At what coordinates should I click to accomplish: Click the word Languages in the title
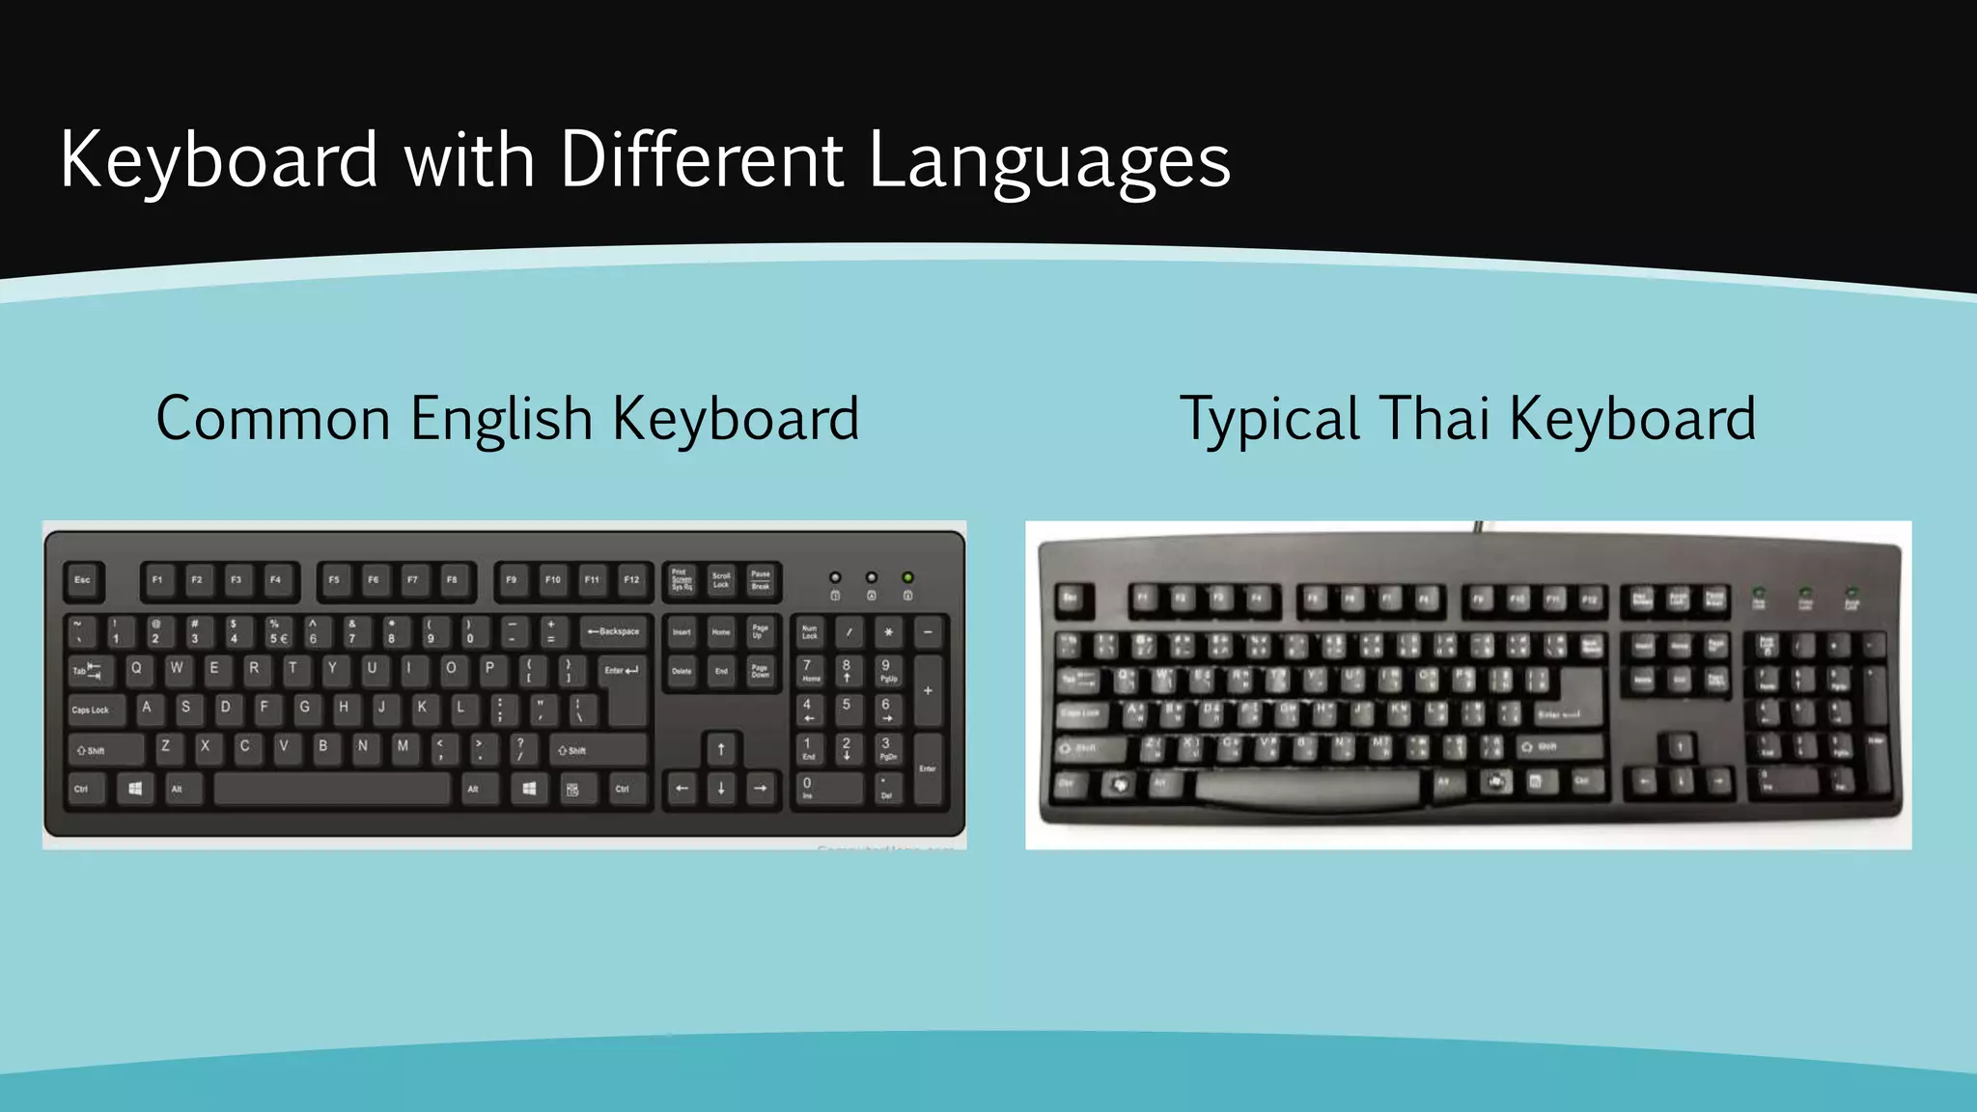pos(1049,160)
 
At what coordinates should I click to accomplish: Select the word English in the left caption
pos(501,419)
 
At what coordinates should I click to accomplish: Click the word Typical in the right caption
pos(1269,419)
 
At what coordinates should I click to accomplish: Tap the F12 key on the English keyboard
pos(631,580)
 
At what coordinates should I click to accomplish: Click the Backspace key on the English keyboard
pos(614,631)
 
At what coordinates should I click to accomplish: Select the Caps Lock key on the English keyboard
pos(95,709)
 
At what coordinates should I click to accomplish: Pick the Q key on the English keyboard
pos(136,668)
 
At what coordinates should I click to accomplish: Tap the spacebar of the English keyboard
pos(331,789)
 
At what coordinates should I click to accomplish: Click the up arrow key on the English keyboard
pos(721,749)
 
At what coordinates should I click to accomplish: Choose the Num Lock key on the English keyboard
pos(809,631)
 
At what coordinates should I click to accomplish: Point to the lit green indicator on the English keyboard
pos(907,577)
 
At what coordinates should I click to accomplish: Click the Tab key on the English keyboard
pos(88,670)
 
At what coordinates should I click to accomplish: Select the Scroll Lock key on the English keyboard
pos(721,580)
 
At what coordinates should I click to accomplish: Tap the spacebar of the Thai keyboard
pos(1308,787)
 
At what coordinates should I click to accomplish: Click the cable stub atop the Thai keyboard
pos(1478,527)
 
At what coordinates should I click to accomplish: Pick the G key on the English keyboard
pos(304,708)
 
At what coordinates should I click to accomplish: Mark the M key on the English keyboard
pos(403,746)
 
